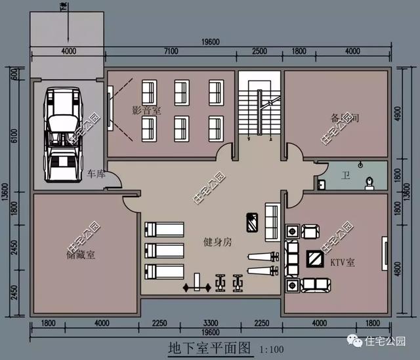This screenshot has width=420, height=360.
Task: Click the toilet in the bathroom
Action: [x=371, y=179]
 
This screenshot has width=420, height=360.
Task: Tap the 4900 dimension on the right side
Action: [x=404, y=113]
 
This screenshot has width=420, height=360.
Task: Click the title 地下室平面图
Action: [x=209, y=348]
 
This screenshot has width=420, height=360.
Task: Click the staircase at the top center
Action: [x=259, y=105]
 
